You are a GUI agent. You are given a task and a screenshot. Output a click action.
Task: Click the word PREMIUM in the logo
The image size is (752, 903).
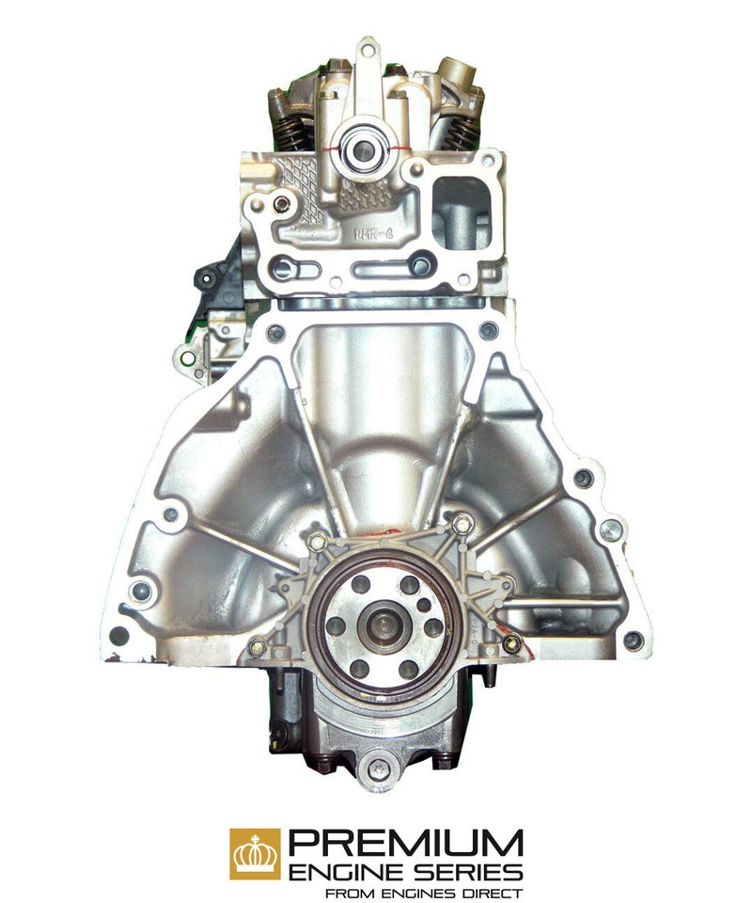point(405,841)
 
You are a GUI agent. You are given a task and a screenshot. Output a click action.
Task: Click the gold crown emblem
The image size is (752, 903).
point(255,853)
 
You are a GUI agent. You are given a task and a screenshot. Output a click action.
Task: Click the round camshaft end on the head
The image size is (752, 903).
point(362,146)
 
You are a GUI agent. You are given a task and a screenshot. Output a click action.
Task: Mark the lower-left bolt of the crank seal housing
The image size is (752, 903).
point(257,646)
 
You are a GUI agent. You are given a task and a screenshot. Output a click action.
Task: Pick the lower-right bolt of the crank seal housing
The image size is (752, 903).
point(511,644)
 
